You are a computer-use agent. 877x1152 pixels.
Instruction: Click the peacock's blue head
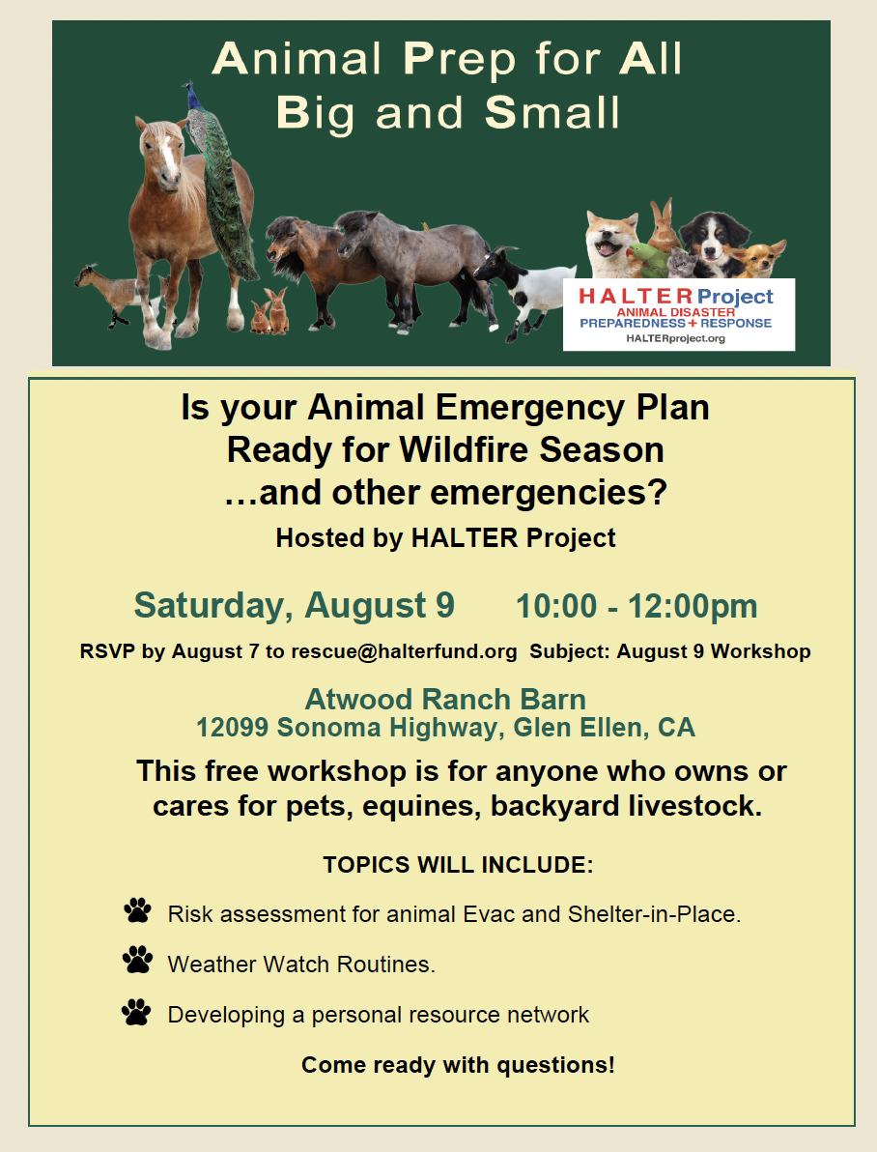coord(191,94)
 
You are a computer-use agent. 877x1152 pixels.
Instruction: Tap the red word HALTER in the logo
coord(636,296)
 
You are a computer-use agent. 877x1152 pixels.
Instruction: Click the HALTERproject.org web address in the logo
coord(675,338)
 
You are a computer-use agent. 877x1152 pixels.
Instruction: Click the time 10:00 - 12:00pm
coord(637,607)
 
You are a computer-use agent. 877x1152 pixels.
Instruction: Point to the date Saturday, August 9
coord(294,606)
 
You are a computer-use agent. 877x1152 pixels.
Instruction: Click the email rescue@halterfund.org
coord(404,651)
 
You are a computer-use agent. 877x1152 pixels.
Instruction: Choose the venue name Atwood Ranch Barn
coord(445,700)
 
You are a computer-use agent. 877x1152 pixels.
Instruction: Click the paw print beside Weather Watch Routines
coord(137,961)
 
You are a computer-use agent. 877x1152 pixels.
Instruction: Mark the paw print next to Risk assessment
coord(137,910)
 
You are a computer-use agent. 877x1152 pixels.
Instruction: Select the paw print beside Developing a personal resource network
coord(136,1012)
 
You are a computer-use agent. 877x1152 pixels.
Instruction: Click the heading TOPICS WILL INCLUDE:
coord(459,865)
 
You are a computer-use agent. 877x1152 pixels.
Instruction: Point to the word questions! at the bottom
coord(556,1065)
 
